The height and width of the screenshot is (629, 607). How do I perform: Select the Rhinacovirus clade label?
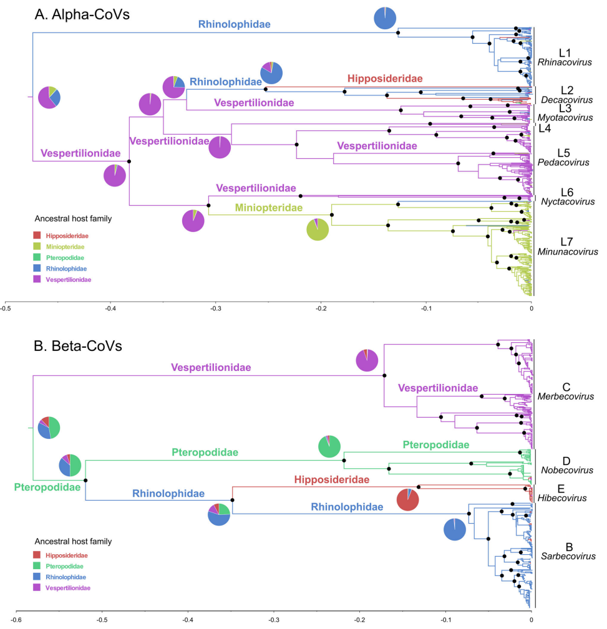tap(563, 62)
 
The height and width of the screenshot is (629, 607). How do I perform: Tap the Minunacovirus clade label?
tap(567, 251)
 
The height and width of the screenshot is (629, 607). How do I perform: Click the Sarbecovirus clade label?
tap(566, 556)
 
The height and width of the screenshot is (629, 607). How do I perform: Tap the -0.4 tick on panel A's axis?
tap(110, 307)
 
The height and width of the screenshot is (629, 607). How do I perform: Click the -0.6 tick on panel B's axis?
tap(17, 620)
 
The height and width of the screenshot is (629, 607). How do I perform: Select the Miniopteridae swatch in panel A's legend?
tap(37, 247)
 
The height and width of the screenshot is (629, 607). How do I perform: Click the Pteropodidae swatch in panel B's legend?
tap(37, 565)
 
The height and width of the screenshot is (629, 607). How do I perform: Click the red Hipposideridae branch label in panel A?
tap(385, 79)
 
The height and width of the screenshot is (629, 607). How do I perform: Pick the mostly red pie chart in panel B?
tap(408, 500)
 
